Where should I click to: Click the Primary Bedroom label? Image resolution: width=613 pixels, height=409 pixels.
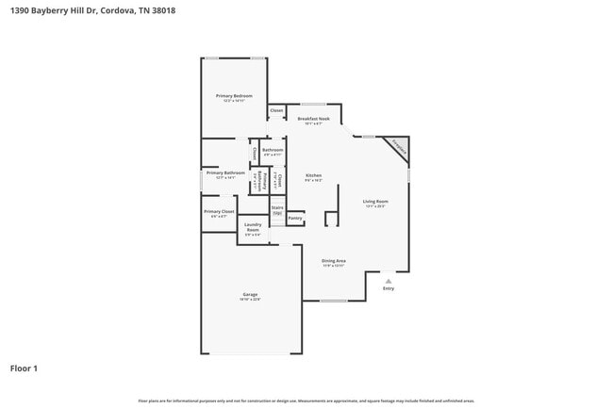(x=234, y=96)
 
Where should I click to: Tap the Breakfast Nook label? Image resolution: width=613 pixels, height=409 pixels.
(x=313, y=119)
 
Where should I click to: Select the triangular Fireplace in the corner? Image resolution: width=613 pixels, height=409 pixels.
(x=400, y=148)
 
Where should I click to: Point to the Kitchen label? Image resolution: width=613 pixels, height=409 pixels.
(x=313, y=176)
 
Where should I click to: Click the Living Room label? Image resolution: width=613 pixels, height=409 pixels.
(x=375, y=202)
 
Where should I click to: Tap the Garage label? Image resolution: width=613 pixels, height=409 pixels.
(x=250, y=294)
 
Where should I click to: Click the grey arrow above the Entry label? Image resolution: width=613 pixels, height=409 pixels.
(x=388, y=280)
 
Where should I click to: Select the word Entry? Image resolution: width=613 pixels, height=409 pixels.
(x=388, y=288)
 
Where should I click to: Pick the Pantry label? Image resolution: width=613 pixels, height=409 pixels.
(x=295, y=218)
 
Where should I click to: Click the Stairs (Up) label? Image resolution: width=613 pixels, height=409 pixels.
(x=277, y=210)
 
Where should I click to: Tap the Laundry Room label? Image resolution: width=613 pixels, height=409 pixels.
(x=253, y=227)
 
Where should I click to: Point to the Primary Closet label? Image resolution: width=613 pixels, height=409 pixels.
(x=219, y=211)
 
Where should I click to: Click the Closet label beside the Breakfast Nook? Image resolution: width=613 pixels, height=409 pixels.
(x=276, y=111)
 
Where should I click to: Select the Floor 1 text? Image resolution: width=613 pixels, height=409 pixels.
(x=24, y=368)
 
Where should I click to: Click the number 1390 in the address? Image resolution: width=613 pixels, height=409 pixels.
(x=21, y=10)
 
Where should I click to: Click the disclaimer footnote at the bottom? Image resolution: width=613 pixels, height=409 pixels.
(x=306, y=401)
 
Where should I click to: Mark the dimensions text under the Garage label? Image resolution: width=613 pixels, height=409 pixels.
(x=250, y=300)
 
